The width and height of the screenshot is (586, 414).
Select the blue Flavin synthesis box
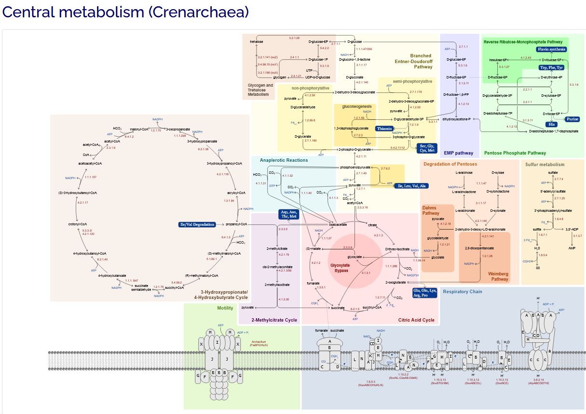tap(551, 49)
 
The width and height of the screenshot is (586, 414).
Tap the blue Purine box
tap(572, 119)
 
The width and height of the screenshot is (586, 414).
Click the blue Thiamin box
tap(384, 129)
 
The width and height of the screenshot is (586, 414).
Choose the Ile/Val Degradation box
tap(197, 224)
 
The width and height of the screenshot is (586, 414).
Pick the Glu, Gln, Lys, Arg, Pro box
tap(424, 293)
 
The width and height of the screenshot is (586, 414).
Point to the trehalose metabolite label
tap(257, 42)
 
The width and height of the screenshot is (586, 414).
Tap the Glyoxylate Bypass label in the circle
tap(340, 268)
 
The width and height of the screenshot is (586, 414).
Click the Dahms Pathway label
tap(431, 210)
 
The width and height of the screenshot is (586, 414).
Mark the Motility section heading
tap(225, 308)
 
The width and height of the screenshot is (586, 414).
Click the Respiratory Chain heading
tap(462, 291)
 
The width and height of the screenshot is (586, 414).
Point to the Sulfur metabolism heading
tap(545, 164)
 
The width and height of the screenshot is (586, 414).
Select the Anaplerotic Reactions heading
tap(284, 160)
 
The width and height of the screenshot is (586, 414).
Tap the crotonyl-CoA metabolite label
tap(77, 224)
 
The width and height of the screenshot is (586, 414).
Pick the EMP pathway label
tap(458, 153)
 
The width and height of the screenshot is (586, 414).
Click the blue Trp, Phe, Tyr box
tap(551, 67)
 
